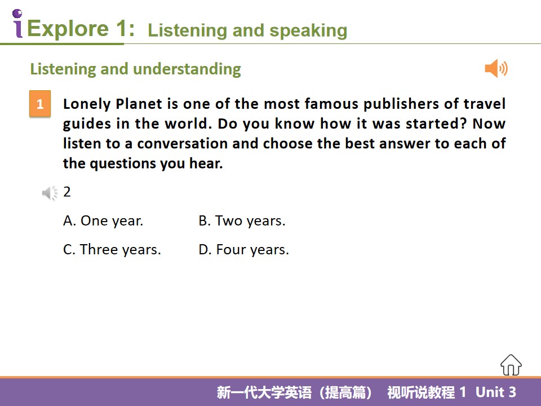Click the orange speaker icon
(496, 68)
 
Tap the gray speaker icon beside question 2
(50, 193)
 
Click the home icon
(511, 365)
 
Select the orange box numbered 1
(40, 104)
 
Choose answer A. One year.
(103, 221)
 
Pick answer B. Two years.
(242, 221)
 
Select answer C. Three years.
(112, 250)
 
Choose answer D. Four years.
(243, 250)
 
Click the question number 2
(67, 192)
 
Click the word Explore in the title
(68, 28)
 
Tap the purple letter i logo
(17, 24)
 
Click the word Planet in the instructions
(139, 104)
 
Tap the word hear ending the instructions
(206, 164)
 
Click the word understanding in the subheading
(187, 69)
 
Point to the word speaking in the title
(308, 31)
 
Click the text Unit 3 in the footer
(496, 392)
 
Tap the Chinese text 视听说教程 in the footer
(421, 392)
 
